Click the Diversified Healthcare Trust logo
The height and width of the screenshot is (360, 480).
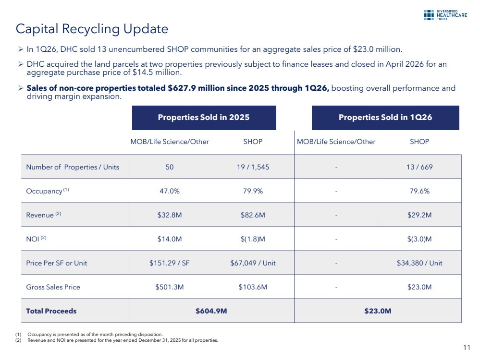tap(445, 15)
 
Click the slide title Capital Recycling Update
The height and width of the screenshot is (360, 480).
tap(92, 29)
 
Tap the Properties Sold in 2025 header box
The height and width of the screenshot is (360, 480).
tap(204, 118)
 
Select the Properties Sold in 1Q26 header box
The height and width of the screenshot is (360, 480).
tap(385, 118)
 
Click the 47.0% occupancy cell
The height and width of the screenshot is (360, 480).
tap(170, 191)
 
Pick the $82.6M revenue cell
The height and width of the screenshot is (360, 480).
tap(253, 215)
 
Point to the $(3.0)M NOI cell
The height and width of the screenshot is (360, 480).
tap(419, 239)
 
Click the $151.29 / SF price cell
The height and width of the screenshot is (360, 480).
tap(170, 263)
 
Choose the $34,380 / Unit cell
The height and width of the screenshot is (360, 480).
tap(419, 263)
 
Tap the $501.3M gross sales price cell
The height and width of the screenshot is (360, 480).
tap(170, 287)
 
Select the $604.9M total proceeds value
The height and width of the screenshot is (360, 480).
tap(211, 311)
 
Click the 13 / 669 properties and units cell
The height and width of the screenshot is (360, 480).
tap(419, 167)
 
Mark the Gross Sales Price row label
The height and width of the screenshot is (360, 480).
tap(53, 287)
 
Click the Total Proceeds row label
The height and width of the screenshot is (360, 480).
tap(51, 311)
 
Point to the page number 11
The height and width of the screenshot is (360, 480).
tap(467, 348)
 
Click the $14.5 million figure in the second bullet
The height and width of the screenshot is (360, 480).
tap(157, 72)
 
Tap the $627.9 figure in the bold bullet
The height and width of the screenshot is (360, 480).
tap(182, 88)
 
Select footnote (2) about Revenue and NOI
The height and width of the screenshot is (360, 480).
tap(117, 340)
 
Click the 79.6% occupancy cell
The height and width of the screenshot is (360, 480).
tap(419, 191)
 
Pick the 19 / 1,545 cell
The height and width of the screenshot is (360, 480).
tap(253, 167)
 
